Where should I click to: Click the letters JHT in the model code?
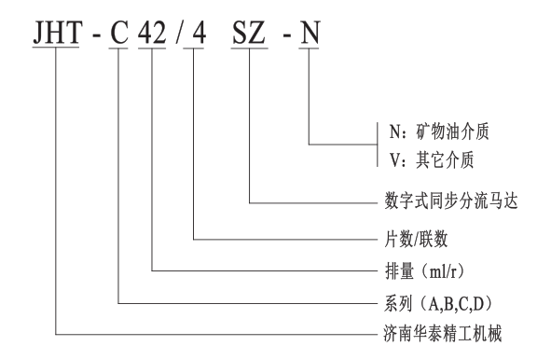pyautogui.click(x=57, y=33)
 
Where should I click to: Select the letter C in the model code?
pyautogui.click(x=118, y=33)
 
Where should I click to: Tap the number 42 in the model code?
pyautogui.click(x=152, y=33)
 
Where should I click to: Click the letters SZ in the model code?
pyautogui.click(x=249, y=33)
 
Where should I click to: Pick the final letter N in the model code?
pyautogui.click(x=309, y=33)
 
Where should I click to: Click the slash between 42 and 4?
pyautogui.click(x=179, y=33)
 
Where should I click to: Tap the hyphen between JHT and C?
pyautogui.click(x=96, y=35)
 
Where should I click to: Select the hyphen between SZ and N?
pyautogui.click(x=287, y=35)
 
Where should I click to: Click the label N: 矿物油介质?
pyautogui.click(x=439, y=132)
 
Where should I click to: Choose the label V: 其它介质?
pyautogui.click(x=432, y=160)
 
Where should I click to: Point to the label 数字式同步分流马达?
pyautogui.click(x=451, y=201)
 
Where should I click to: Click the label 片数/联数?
pyautogui.click(x=416, y=240)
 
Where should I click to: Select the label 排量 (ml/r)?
pyautogui.click(x=424, y=271)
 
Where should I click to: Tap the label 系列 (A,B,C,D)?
pyautogui.click(x=438, y=304)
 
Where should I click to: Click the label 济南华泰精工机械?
pyautogui.click(x=443, y=334)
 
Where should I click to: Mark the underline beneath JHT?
pyautogui.click(x=56, y=48)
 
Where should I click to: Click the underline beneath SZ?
pyautogui.click(x=250, y=48)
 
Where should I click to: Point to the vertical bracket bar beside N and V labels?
pyautogui.click(x=378, y=145)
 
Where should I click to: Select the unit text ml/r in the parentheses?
pyautogui.click(x=443, y=271)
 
